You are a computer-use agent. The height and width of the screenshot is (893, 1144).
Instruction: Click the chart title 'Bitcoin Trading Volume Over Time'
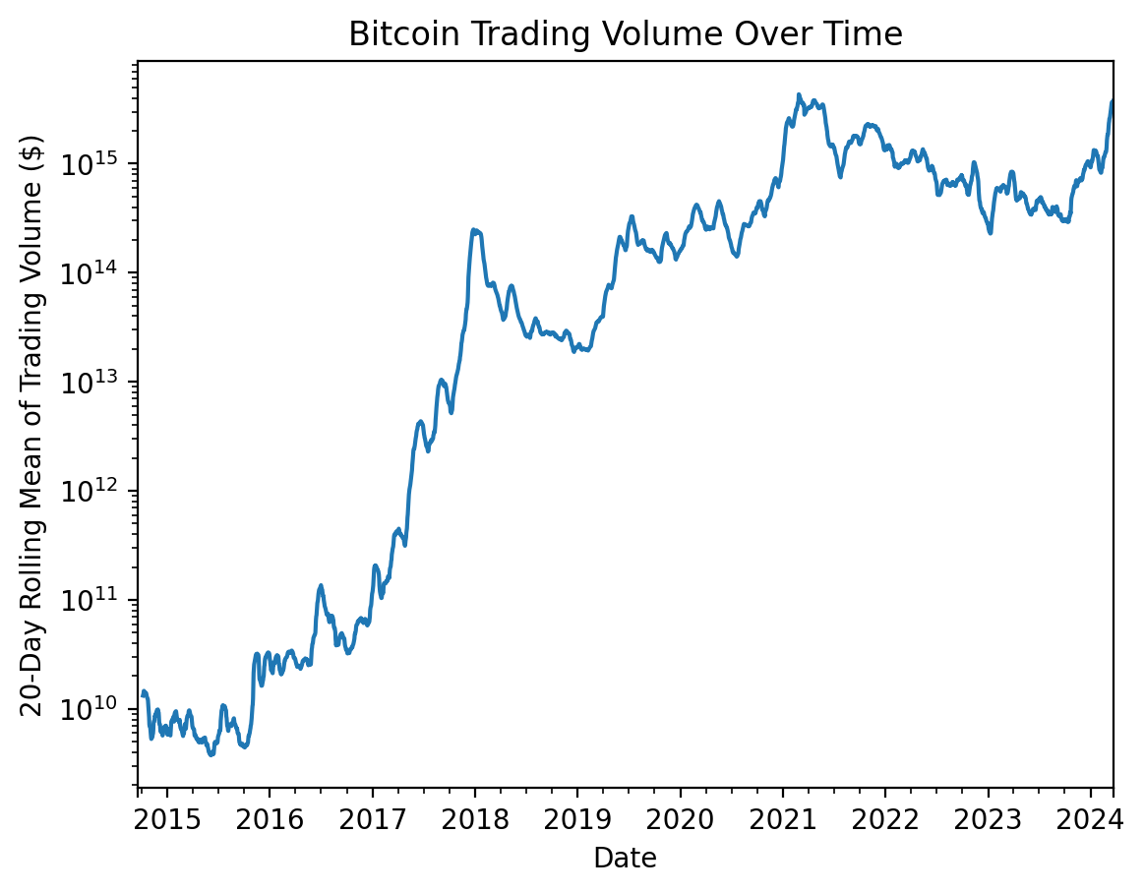point(625,35)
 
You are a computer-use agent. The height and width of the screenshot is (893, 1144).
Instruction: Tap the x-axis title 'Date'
point(625,859)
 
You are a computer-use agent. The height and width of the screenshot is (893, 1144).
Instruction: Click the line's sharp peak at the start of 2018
point(473,230)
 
